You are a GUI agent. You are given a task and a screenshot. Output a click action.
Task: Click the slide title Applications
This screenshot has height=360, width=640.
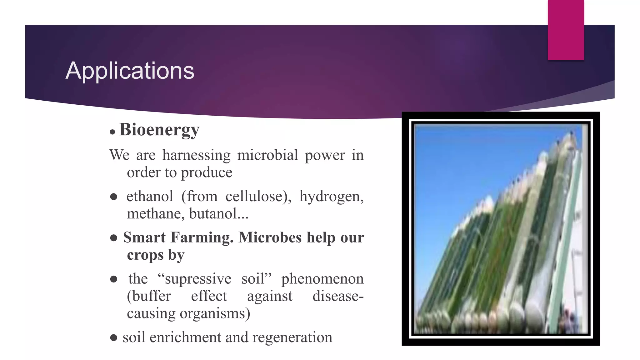click(x=130, y=71)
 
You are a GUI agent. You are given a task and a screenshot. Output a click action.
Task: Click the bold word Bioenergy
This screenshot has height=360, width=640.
click(x=159, y=130)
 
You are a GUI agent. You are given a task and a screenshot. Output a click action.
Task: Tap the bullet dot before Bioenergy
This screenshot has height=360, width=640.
click(x=112, y=132)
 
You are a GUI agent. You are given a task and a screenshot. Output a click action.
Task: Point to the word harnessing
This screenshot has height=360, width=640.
click(x=196, y=155)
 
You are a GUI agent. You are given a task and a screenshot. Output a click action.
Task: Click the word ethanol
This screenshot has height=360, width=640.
click(x=150, y=197)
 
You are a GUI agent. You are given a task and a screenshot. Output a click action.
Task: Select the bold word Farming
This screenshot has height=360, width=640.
click(x=202, y=237)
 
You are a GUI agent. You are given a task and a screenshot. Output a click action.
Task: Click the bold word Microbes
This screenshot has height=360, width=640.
click(x=270, y=237)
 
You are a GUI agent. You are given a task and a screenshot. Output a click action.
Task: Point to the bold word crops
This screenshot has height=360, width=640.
click(x=145, y=255)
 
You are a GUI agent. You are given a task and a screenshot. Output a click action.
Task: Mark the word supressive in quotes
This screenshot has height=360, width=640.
click(x=198, y=279)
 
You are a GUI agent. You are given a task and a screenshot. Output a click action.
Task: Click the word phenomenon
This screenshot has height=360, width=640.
click(x=322, y=279)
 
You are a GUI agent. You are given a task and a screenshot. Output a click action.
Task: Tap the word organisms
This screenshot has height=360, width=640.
click(x=215, y=313)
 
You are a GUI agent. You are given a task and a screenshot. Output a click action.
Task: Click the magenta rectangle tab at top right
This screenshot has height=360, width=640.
click(x=566, y=30)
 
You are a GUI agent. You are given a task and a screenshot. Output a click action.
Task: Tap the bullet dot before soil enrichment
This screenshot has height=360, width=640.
click(x=114, y=337)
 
